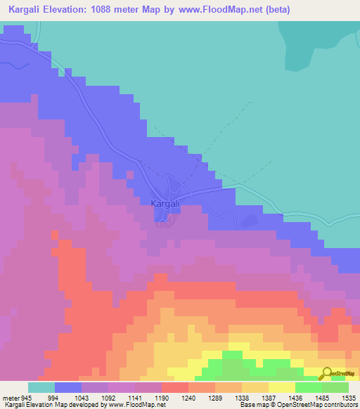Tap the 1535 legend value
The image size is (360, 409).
point(349,398)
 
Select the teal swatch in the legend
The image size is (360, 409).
point(41,387)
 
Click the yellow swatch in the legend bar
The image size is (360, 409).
point(282,387)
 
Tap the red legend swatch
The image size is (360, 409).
point(175,387)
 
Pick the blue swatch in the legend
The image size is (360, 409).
point(68,387)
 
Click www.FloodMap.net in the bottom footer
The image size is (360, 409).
point(137,405)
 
